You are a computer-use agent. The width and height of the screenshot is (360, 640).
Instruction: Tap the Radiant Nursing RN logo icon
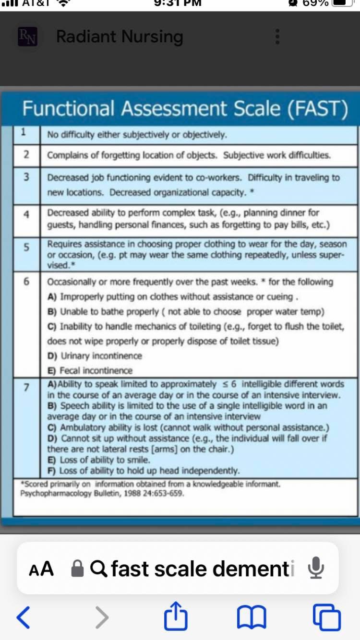pos(27,37)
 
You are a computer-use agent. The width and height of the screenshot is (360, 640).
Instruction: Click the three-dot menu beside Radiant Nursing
pos(276,37)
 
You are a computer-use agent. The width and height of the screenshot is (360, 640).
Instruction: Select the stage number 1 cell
pos(24,131)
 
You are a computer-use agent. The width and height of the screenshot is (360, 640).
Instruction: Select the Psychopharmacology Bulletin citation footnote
pos(102,493)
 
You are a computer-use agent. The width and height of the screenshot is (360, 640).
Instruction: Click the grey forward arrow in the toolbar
pos(101,616)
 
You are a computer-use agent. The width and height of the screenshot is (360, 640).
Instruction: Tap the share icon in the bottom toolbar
pos(176,616)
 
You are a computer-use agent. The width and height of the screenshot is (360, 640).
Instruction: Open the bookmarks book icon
pos(252,616)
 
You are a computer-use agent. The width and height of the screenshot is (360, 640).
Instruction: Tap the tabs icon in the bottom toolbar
pos(326,616)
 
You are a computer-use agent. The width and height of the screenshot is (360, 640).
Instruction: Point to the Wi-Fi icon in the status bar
pos(62,2)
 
